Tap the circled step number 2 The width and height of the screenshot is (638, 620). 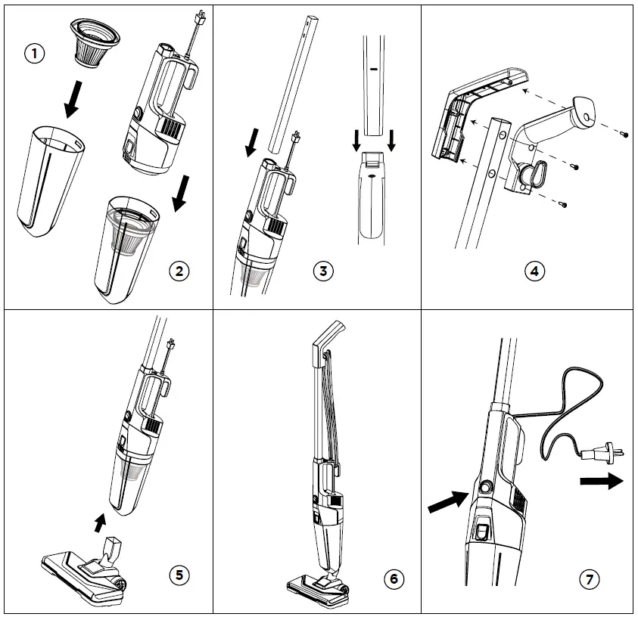coord(179,271)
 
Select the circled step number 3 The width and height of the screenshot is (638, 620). coord(323,271)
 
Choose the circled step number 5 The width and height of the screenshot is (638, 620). coord(179,575)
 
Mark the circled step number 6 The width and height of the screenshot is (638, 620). coord(393,579)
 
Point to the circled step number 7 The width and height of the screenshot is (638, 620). coord(590,579)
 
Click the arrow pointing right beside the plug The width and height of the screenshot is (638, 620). coord(601,481)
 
